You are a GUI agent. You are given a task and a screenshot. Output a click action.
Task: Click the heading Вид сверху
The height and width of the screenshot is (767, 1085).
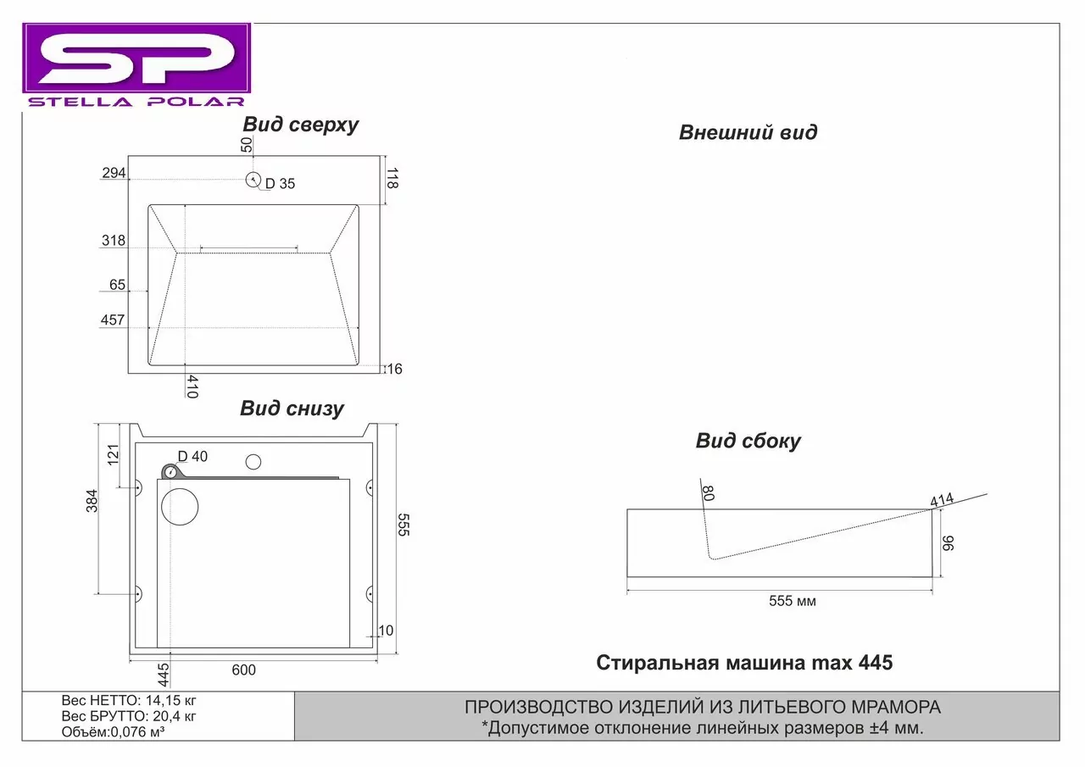point(300,125)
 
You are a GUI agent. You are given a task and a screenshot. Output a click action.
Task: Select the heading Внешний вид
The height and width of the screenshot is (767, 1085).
point(748,132)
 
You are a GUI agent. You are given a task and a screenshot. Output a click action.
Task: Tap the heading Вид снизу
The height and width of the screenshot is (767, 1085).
point(292,409)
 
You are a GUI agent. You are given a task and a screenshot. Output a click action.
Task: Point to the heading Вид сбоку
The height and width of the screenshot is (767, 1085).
point(748,441)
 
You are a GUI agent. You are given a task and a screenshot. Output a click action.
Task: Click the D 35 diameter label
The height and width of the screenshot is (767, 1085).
point(280,184)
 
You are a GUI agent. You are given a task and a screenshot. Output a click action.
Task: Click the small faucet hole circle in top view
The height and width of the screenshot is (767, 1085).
point(253,181)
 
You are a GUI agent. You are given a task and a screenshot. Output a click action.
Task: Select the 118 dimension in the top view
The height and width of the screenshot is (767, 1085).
point(392,178)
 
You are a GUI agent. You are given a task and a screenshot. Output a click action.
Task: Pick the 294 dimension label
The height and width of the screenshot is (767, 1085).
point(114,173)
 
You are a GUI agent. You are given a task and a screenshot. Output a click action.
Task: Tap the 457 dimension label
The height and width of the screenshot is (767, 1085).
point(113,320)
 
